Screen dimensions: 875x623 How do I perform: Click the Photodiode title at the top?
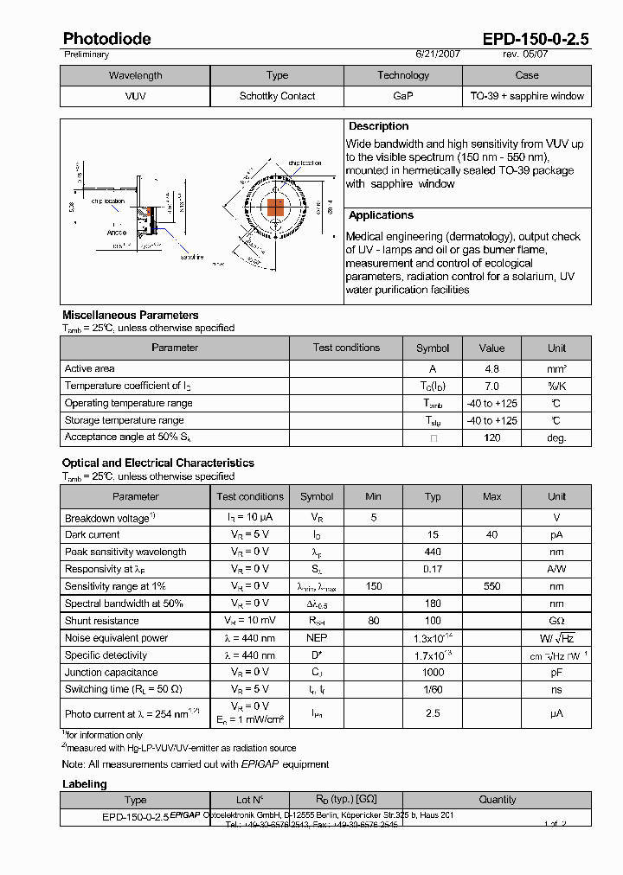pyautogui.click(x=107, y=39)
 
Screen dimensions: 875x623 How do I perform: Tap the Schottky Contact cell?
pyautogui.click(x=277, y=96)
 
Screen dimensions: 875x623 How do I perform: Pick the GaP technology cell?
pyautogui.click(x=402, y=96)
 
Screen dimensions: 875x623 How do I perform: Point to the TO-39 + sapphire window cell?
pyautogui.click(x=527, y=96)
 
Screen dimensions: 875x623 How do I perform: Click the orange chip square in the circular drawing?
pyautogui.click(x=275, y=208)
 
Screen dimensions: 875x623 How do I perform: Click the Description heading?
pyautogui.click(x=378, y=126)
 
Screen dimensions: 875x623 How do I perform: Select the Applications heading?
pyautogui.click(x=381, y=215)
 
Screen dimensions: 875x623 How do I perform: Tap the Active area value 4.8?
pyautogui.click(x=491, y=368)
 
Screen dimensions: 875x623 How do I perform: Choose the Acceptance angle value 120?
pyautogui.click(x=491, y=437)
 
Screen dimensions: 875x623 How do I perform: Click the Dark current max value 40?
pyautogui.click(x=491, y=534)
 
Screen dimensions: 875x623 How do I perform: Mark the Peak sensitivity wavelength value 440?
pyautogui.click(x=433, y=552)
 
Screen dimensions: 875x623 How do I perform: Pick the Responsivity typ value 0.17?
pyautogui.click(x=433, y=569)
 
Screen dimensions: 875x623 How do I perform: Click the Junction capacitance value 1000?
pyautogui.click(x=433, y=672)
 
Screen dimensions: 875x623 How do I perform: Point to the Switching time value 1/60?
pyautogui.click(x=433, y=689)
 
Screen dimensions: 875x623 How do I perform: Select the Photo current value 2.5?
pyautogui.click(x=433, y=713)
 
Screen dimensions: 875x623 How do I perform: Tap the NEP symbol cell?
pyautogui.click(x=316, y=638)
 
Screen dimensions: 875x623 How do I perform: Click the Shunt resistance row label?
pyautogui.click(x=101, y=621)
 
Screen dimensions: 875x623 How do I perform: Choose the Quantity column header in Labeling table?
pyautogui.click(x=498, y=800)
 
